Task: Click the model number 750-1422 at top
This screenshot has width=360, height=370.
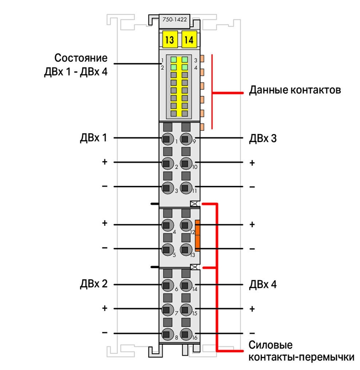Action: pyautogui.click(x=174, y=19)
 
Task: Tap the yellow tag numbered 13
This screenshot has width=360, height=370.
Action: pyautogui.click(x=170, y=40)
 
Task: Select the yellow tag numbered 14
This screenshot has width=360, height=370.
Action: pyautogui.click(x=189, y=40)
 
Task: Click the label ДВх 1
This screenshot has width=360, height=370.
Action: pyautogui.click(x=93, y=138)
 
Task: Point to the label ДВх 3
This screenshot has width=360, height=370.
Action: pyautogui.click(x=263, y=138)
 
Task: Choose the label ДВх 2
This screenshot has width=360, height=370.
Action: pyautogui.click(x=93, y=284)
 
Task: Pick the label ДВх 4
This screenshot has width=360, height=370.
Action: pyautogui.click(x=263, y=284)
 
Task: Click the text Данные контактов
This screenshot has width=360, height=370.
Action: pyautogui.click(x=295, y=90)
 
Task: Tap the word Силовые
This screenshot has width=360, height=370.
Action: pyautogui.click(x=271, y=345)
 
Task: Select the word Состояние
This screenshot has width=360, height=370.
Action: pyautogui.click(x=81, y=58)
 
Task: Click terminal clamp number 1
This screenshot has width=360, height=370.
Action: pyautogui.click(x=168, y=139)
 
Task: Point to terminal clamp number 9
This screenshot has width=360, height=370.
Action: pyautogui.click(x=186, y=139)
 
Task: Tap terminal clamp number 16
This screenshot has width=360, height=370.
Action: pyautogui.click(x=186, y=334)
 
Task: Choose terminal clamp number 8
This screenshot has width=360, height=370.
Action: pyautogui.click(x=168, y=334)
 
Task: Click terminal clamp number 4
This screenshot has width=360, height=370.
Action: pyautogui.click(x=168, y=225)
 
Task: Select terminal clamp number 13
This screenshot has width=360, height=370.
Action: pyautogui.click(x=186, y=249)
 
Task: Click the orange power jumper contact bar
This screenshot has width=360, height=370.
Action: pyautogui.click(x=197, y=234)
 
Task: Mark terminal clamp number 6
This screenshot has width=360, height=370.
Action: pyautogui.click(x=168, y=285)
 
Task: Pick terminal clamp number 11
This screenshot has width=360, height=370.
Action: pyautogui.click(x=186, y=188)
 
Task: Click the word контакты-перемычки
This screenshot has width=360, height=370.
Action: pyautogui.click(x=301, y=357)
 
